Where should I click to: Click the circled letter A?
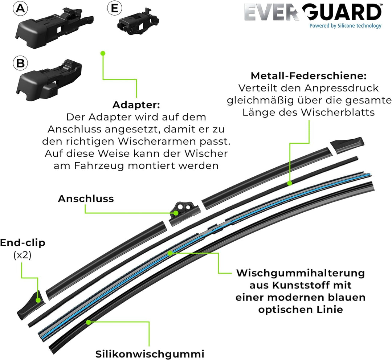[20, 8]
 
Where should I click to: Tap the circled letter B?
[20, 63]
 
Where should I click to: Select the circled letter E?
[114, 8]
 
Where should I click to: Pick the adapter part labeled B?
[49, 80]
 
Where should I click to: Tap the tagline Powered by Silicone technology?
[346, 25]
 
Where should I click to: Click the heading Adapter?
[136, 105]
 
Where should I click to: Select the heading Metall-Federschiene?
[309, 76]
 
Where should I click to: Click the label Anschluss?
[86, 199]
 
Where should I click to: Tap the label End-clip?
[23, 243]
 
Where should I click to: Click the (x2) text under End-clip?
[23, 255]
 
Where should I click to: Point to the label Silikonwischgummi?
[150, 354]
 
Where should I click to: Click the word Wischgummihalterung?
[301, 273]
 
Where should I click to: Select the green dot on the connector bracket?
[176, 213]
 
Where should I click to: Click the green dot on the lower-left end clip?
[38, 300]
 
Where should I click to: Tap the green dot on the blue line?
[170, 253]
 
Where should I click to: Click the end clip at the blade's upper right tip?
[347, 145]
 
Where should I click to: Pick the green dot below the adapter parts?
[103, 53]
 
